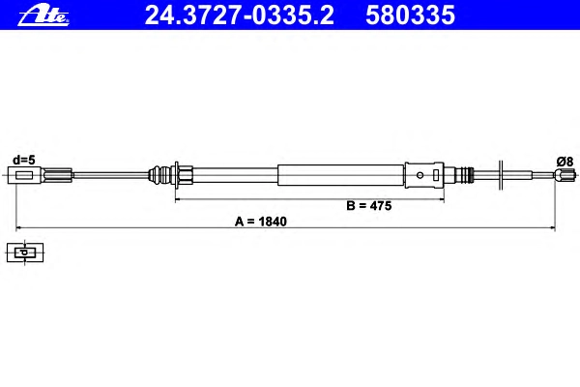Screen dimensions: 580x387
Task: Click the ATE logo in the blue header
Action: (x=43, y=15)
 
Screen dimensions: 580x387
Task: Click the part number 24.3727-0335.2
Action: (x=240, y=15)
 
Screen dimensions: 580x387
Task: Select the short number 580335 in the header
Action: (x=410, y=15)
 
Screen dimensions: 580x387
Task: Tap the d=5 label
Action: (x=24, y=160)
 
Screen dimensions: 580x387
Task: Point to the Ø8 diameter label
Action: (x=565, y=162)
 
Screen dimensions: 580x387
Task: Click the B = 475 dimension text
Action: (x=369, y=206)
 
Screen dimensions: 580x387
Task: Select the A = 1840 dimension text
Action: (x=261, y=222)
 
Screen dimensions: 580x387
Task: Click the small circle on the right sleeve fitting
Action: (x=420, y=175)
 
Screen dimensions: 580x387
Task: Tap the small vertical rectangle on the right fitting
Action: (x=436, y=175)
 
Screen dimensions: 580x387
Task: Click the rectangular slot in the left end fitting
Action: (x=24, y=175)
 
